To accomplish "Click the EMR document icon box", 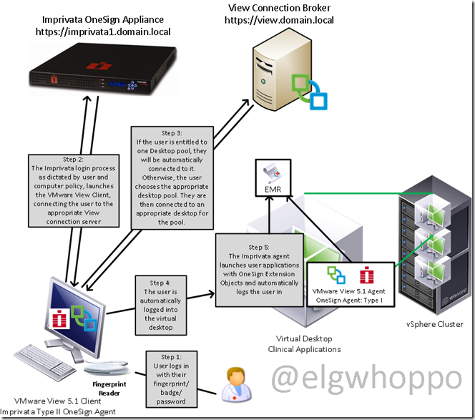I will point(273,178).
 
